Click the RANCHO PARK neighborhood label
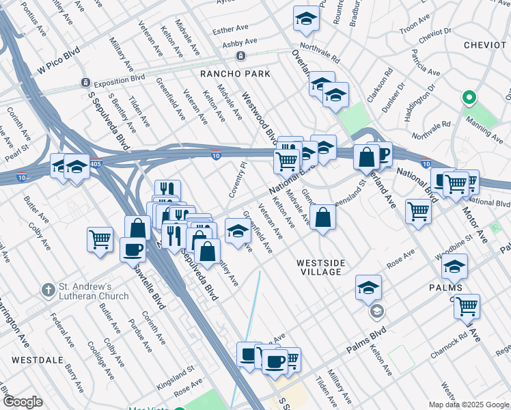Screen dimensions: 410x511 [234, 74]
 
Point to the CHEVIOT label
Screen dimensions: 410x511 [484, 44]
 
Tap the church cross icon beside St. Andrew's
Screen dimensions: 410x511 [48, 290]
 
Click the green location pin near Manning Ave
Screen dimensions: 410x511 [469, 98]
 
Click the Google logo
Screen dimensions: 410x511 [23, 402]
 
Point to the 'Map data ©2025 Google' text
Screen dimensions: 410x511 [468, 405]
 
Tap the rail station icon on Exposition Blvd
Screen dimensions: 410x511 [86, 83]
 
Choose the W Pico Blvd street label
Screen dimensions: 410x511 [55, 64]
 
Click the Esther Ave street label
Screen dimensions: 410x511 [230, 30]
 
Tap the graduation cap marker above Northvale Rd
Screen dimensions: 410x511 [306, 19]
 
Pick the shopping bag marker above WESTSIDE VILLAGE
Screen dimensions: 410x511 [322, 218]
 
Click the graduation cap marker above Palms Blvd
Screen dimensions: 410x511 [368, 287]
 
